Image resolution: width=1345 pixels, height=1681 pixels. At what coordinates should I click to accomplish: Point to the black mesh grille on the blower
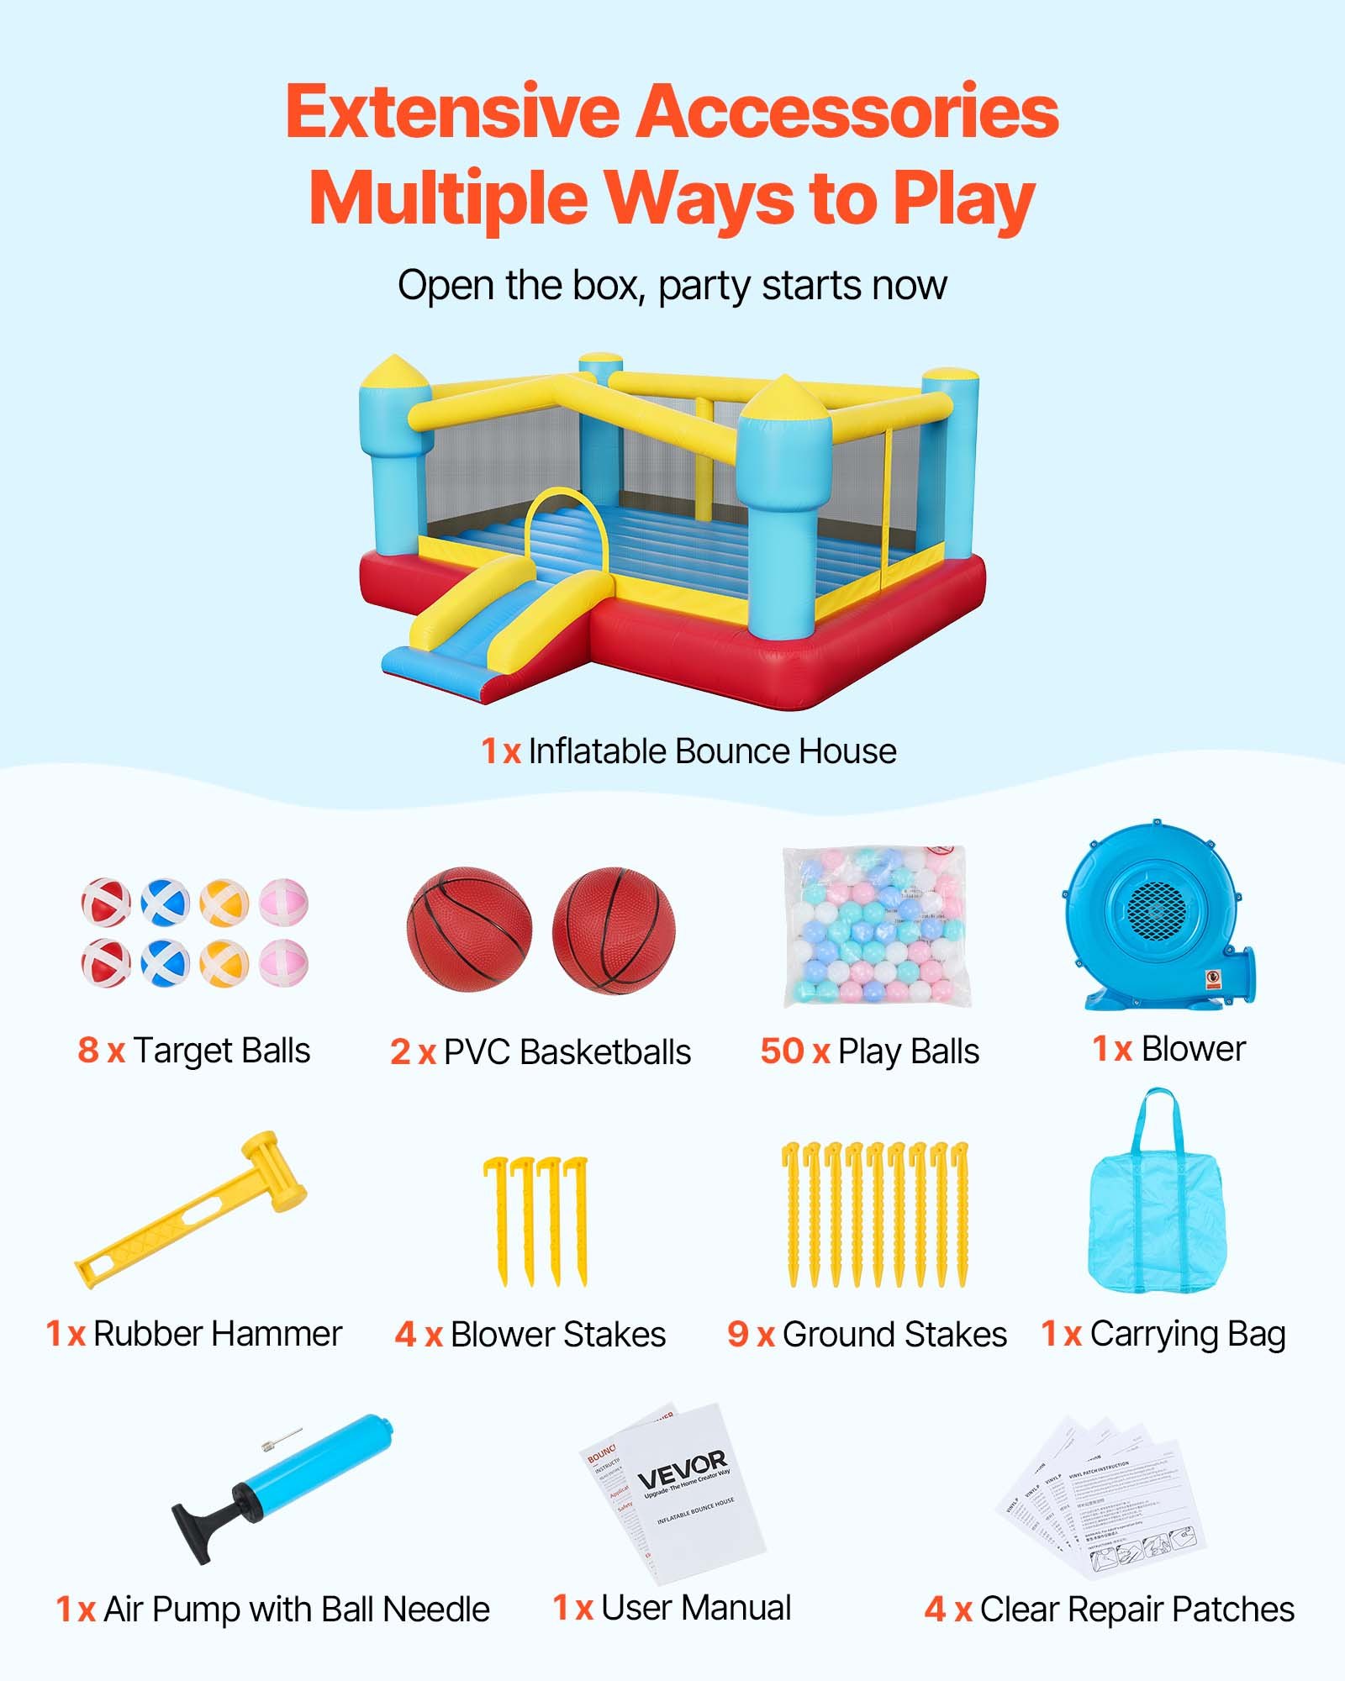coord(1156,912)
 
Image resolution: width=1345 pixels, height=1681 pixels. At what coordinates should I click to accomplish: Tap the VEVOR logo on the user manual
coord(682,1469)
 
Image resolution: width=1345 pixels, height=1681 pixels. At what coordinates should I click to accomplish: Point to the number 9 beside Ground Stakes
coord(737,1334)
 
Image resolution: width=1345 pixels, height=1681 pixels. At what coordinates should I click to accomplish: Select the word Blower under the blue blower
coord(1193,1049)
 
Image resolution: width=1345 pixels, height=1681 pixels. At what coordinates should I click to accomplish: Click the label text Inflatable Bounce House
coord(712,751)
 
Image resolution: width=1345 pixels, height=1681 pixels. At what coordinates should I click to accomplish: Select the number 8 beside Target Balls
coord(88,1051)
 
